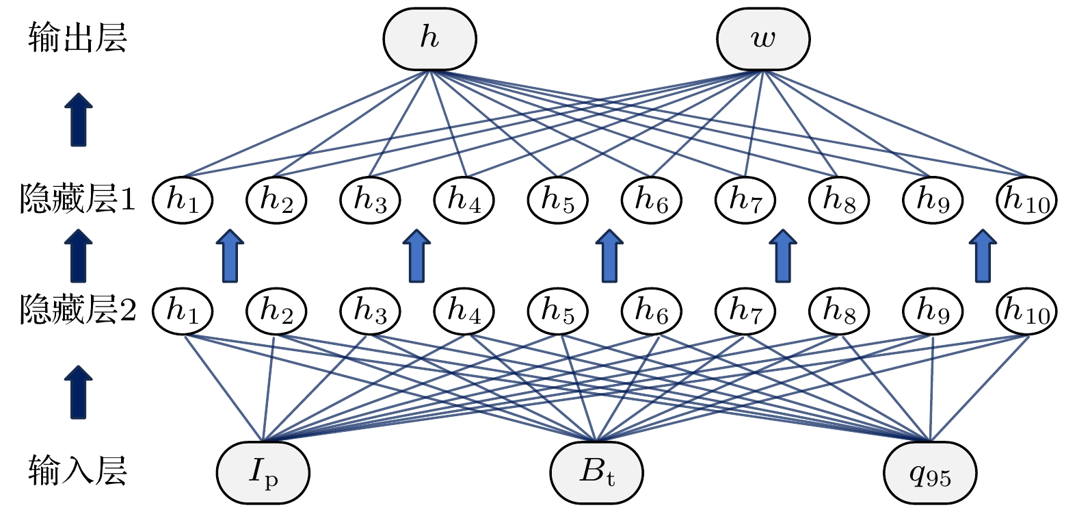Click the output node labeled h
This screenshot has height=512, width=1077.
tap(429, 39)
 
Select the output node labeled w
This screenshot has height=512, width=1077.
tap(763, 39)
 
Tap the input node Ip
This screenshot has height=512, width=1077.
tap(263, 472)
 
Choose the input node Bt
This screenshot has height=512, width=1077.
tap(597, 472)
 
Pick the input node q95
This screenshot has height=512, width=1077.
tap(930, 472)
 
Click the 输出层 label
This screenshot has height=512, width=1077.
tap(77, 38)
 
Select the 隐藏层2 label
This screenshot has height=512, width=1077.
tap(78, 311)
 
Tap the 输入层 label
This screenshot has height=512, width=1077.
tap(77, 471)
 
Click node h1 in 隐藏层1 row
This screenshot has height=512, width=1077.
tap(183, 200)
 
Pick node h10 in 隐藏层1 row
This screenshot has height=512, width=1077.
tap(1026, 200)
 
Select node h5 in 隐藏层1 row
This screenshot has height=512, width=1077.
tap(558, 200)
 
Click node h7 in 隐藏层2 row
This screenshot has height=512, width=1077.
tap(745, 311)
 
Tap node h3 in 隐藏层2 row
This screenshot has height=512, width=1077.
tap(371, 311)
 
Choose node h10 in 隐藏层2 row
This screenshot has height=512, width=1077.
tap(1026, 311)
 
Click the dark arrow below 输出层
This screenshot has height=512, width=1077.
tap(79, 120)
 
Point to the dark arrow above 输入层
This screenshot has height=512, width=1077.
tap(79, 392)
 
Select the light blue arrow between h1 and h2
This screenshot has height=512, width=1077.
tap(230, 256)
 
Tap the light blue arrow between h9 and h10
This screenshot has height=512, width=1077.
tap(983, 256)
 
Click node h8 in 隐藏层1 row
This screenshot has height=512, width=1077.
tap(839, 200)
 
